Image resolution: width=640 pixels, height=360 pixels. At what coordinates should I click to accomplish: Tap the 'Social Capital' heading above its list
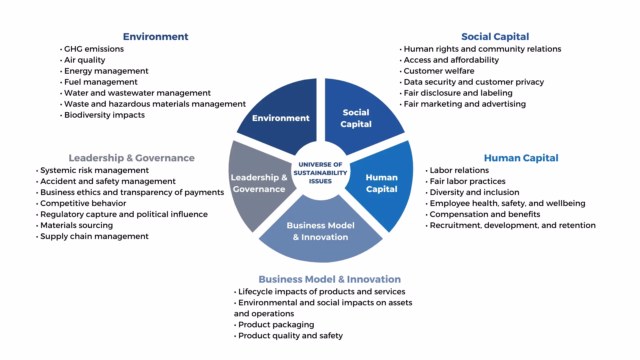(x=495, y=37)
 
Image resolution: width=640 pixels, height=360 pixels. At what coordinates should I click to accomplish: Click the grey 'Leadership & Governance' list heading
(x=132, y=158)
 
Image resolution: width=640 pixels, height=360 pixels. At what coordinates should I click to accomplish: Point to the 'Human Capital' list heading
(x=521, y=158)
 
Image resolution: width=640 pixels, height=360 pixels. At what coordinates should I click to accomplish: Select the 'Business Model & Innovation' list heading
(x=330, y=279)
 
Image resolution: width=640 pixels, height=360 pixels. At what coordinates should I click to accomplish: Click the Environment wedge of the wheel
(x=281, y=118)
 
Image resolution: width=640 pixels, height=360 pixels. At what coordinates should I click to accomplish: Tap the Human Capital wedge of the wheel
(x=382, y=183)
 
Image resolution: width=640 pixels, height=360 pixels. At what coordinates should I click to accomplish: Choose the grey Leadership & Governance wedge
(x=259, y=183)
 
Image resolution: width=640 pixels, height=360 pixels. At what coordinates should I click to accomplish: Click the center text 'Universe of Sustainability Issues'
(x=320, y=173)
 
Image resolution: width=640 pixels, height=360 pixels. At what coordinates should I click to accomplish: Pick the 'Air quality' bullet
(x=84, y=60)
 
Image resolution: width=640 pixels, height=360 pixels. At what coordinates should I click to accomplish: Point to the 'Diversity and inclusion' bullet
(x=474, y=192)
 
